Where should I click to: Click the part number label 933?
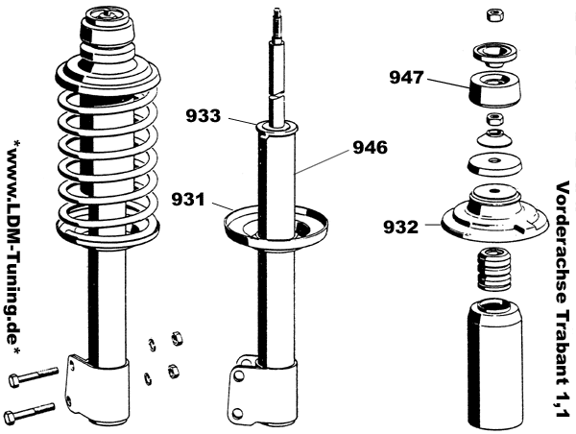click(x=204, y=117)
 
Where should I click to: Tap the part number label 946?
click(x=370, y=148)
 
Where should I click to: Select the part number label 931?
click(x=188, y=200)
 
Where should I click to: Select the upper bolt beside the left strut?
click(x=33, y=373)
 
